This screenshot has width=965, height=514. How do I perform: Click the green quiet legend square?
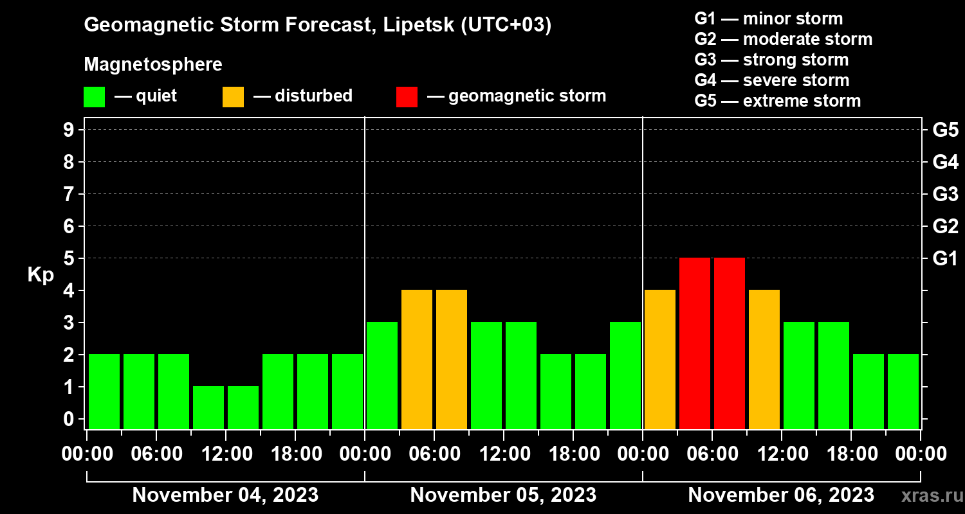pyautogui.click(x=94, y=96)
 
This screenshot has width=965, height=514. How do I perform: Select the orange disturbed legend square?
pyautogui.click(x=233, y=96)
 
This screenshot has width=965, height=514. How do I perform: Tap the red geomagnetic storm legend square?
pyautogui.click(x=407, y=96)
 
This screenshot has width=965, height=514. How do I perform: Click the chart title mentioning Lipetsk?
pyautogui.click(x=318, y=26)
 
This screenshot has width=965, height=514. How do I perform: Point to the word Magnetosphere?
pyautogui.click(x=153, y=65)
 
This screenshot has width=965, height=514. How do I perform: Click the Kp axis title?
pyautogui.click(x=41, y=275)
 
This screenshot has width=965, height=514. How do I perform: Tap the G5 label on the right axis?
pyautogui.click(x=945, y=130)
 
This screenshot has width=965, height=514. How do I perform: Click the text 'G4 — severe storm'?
pyautogui.click(x=772, y=80)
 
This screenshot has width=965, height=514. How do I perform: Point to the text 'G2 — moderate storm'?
pyautogui.click(x=784, y=39)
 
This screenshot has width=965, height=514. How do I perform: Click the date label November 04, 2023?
pyautogui.click(x=225, y=495)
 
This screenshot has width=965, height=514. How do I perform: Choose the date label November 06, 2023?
pyautogui.click(x=781, y=495)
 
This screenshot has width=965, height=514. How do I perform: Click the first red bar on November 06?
pyautogui.click(x=695, y=343)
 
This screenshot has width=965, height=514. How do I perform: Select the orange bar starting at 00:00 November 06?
pyautogui.click(x=660, y=359)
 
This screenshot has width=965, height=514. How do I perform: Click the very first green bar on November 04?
pyautogui.click(x=104, y=391)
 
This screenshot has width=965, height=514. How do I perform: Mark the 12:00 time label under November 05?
pyautogui.click(x=504, y=454)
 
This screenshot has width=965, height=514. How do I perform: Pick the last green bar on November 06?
pyautogui.click(x=903, y=391)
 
